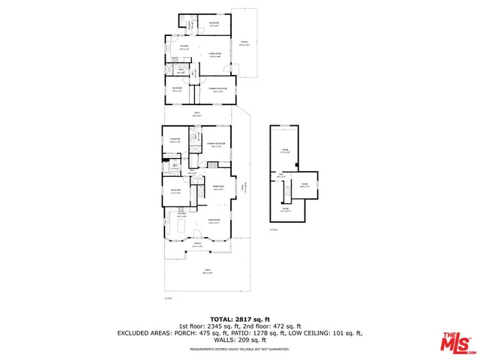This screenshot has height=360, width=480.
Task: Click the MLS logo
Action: [457, 341]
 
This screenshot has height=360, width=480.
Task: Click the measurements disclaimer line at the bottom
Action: [239, 349]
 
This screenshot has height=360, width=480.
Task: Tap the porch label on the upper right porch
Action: [243, 44]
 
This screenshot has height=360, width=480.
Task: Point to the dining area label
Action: [218, 187]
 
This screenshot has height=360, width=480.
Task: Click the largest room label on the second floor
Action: [284, 152]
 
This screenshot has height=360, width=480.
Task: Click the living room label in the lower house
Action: [214, 220]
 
